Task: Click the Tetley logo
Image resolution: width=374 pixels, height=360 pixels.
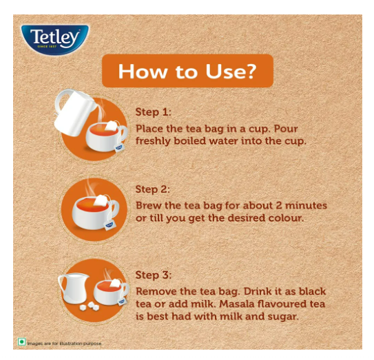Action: click(55, 39)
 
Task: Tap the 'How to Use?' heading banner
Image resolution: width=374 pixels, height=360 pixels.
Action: click(187, 71)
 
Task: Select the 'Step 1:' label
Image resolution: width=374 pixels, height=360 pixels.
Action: click(154, 112)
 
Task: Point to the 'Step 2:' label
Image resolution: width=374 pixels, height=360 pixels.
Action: click(153, 189)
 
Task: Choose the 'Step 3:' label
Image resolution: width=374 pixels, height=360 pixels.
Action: click(154, 275)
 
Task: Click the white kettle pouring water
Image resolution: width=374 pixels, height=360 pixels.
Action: click(73, 113)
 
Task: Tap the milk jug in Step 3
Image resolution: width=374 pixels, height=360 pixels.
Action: click(73, 288)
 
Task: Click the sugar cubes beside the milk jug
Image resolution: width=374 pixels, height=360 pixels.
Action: click(90, 306)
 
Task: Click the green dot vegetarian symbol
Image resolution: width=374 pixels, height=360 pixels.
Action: click(22, 342)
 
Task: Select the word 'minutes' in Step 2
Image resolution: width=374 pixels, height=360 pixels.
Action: click(306, 206)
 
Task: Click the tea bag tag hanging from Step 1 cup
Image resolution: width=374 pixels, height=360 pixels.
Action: click(118, 148)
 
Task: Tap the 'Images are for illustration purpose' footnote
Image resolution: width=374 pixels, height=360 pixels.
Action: click(65, 343)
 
